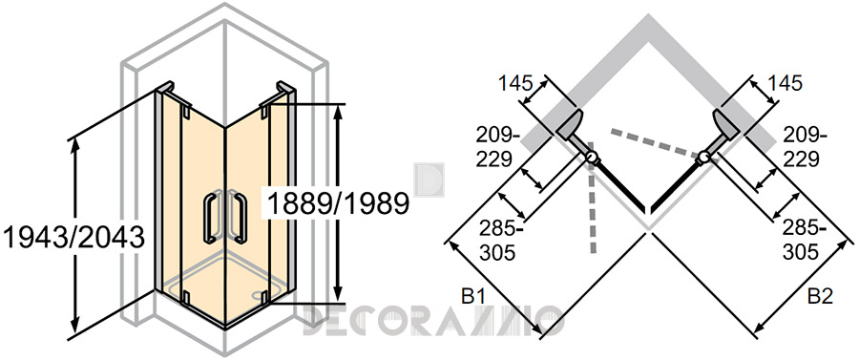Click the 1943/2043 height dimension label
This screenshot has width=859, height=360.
coord(73,238)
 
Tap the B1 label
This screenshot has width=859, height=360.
coord(473,297)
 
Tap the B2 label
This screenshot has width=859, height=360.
coord(821,297)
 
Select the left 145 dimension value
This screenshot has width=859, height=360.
coord(515,83)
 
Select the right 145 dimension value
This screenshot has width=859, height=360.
coord(785,83)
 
